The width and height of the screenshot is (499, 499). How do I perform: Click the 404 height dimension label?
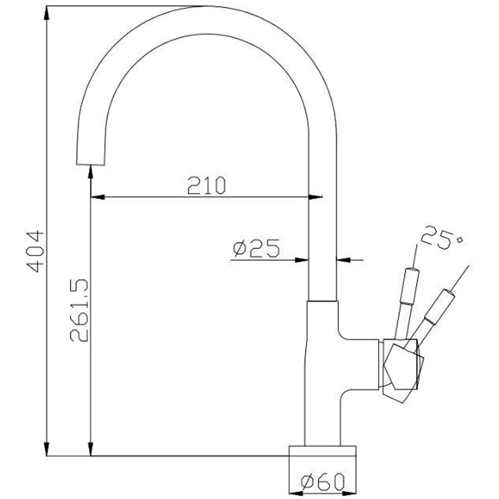click(x=37, y=251)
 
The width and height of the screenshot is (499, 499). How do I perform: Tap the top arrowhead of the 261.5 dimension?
click(x=91, y=175)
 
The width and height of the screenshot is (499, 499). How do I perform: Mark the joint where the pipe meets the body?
click(x=323, y=301)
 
